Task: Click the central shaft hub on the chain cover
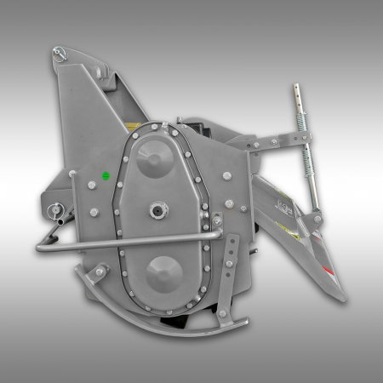(x=158, y=211)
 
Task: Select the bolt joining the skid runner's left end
(x=99, y=272)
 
